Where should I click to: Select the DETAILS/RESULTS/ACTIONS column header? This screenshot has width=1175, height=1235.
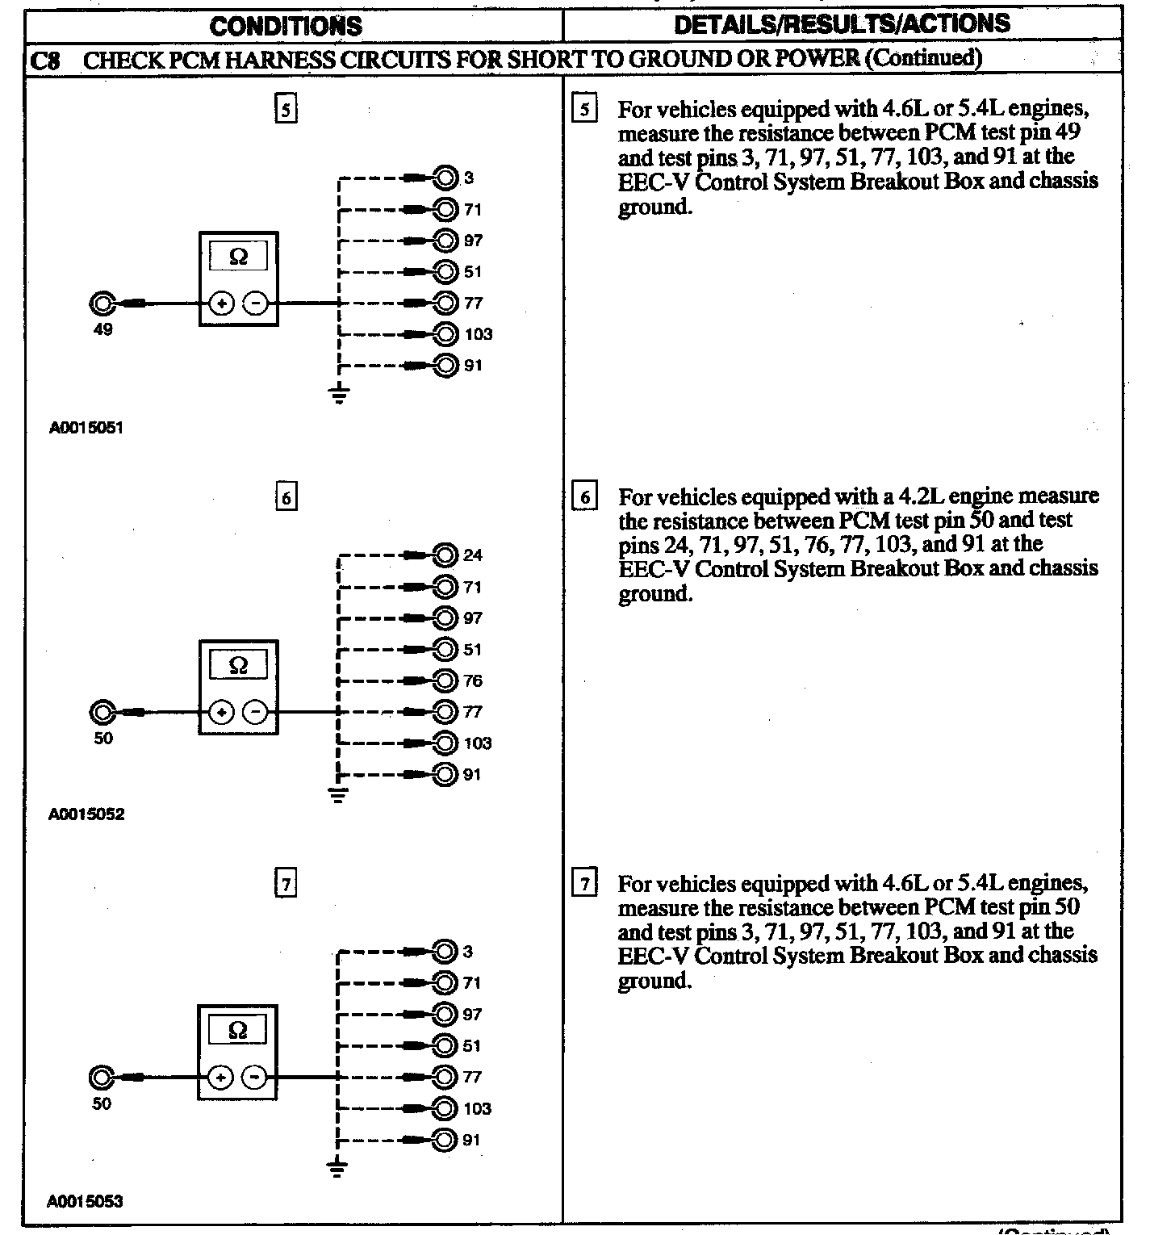coord(842,23)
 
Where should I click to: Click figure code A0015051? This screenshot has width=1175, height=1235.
coord(86,428)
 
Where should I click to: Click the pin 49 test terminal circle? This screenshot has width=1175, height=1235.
coord(102,304)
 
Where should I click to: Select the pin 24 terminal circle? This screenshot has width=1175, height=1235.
coord(445,555)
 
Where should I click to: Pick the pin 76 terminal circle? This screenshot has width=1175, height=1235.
coord(445,680)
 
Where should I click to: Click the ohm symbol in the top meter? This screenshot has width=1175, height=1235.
coord(238,257)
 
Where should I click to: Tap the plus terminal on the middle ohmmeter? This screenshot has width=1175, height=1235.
coord(222,713)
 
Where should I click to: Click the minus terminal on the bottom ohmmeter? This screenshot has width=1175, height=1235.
coord(255,1078)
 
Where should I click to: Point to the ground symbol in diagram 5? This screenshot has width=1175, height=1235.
coord(340,396)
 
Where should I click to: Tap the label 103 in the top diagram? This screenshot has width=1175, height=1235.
coord(478,334)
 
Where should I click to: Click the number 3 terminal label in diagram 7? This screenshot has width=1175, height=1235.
coord(468,952)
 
